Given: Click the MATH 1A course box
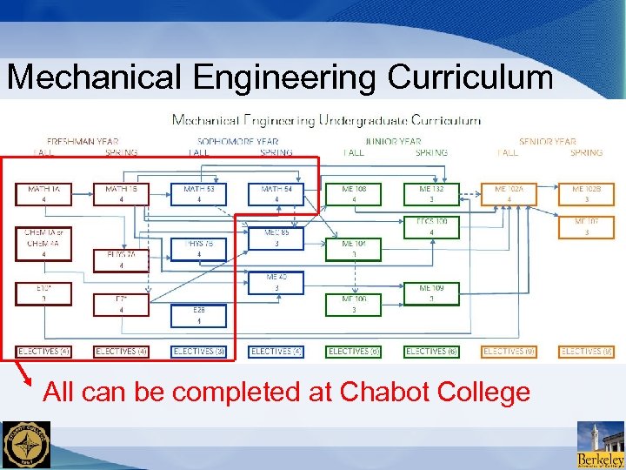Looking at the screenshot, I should click(x=43, y=193).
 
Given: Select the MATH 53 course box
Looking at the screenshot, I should click(x=198, y=193).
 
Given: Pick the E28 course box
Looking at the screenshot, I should click(x=198, y=314).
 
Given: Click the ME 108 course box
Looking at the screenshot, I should click(x=353, y=193).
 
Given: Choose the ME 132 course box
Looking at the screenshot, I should click(x=431, y=193).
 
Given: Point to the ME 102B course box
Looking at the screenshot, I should click(x=586, y=193).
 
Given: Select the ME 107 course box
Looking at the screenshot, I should click(x=586, y=226).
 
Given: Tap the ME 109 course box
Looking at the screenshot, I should click(x=431, y=292).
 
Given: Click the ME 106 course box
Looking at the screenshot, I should click(x=353, y=304).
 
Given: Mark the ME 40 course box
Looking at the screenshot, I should click(x=276, y=282).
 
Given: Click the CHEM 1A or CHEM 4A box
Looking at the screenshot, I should click(x=43, y=238).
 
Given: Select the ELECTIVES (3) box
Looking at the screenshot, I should click(x=198, y=352).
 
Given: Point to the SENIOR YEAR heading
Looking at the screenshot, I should click(x=547, y=141).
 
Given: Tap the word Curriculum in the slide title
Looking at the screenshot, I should click(x=469, y=77).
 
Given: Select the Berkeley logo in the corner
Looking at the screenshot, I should click(x=600, y=445).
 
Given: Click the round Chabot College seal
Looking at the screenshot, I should click(x=26, y=445).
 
